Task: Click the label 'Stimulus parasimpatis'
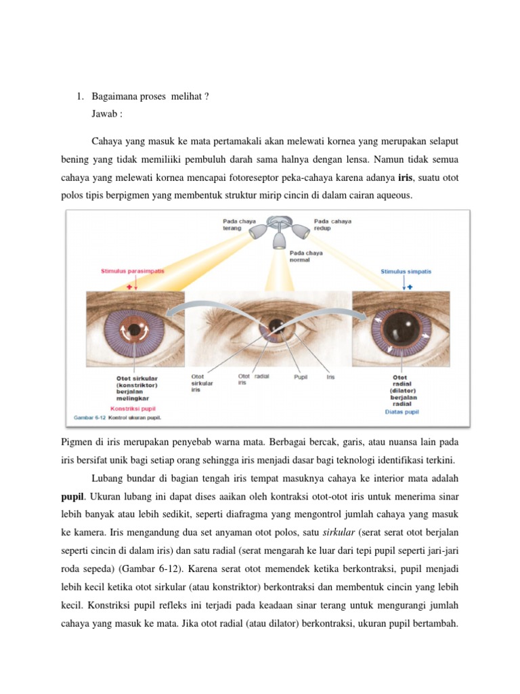(x=132, y=271)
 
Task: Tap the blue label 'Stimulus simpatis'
(x=406, y=272)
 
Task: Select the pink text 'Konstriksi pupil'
(x=133, y=409)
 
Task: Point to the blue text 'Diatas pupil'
(x=402, y=411)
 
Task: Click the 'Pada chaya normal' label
(x=306, y=256)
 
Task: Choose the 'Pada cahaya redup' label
(x=332, y=224)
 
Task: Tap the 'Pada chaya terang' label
(x=239, y=224)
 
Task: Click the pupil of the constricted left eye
(x=134, y=330)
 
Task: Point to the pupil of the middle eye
(x=276, y=326)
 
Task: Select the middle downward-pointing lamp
(x=279, y=239)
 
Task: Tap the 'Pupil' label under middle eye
(x=301, y=377)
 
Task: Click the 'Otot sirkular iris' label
(x=202, y=384)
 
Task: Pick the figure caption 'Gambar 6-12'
(x=89, y=417)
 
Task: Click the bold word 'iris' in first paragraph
(x=405, y=178)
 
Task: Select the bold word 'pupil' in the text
(x=72, y=497)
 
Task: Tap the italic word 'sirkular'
(x=339, y=533)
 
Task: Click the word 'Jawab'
(x=104, y=114)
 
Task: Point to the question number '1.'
(x=80, y=96)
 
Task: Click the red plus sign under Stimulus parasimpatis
(x=129, y=287)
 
